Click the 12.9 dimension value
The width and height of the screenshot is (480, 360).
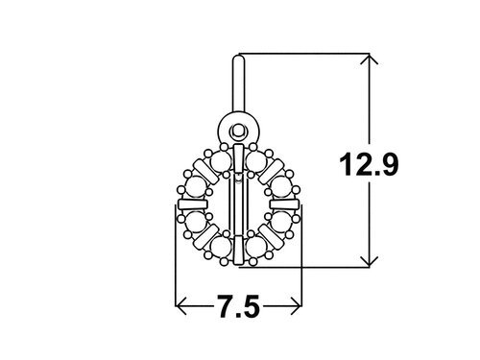[x=369, y=164]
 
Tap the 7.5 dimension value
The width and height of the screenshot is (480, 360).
[x=239, y=306]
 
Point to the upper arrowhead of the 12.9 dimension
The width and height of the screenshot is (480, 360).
[x=370, y=60]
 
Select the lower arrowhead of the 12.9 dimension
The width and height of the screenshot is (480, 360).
[x=370, y=261]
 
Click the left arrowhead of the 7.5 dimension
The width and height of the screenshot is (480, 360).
[x=181, y=306]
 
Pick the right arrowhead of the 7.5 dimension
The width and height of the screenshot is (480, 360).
[x=296, y=306]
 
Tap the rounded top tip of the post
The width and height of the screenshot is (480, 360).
[x=238, y=58]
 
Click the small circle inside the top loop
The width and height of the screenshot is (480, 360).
[x=238, y=131]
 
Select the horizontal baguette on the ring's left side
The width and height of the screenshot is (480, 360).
[x=193, y=204]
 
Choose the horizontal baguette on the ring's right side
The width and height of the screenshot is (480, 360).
[x=284, y=204]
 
